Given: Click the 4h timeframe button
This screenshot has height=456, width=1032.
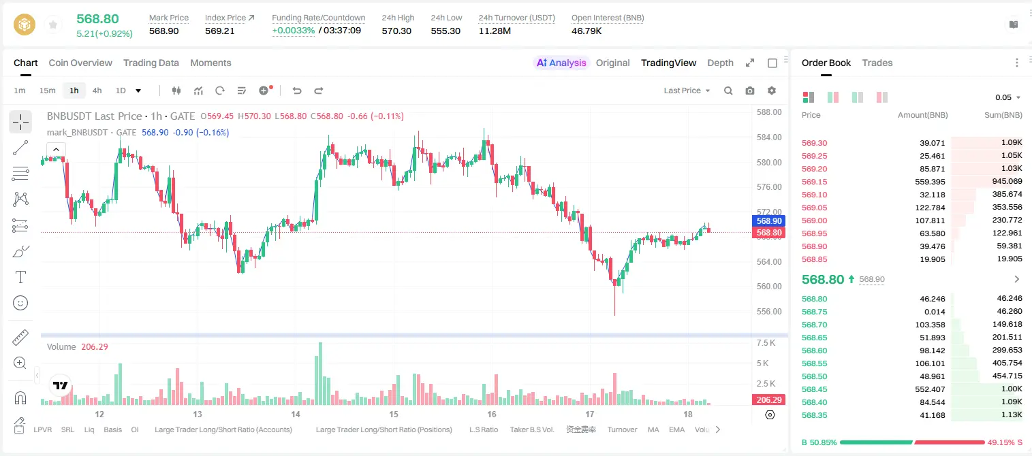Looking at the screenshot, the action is tap(97, 91).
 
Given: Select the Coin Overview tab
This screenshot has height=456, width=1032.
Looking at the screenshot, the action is tap(80, 63).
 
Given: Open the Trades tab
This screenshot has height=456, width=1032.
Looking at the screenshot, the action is tap(877, 63).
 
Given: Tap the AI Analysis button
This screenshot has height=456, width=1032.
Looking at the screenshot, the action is tap(561, 63).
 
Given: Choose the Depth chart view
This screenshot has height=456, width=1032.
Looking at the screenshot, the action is tap(720, 63).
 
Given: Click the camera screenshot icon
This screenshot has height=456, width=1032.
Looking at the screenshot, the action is tap(750, 91).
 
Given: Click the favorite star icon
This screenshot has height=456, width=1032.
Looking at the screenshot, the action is tap(53, 25).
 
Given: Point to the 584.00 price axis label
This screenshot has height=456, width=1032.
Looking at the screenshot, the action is tap(769, 137).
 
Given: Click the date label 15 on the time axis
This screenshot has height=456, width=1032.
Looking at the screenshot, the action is tap(394, 414).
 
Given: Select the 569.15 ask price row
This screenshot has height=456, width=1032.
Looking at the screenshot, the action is tap(814, 182).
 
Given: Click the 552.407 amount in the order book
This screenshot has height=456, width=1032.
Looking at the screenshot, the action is tap(930, 389).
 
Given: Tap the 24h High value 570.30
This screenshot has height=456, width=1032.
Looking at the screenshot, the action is tap(396, 31).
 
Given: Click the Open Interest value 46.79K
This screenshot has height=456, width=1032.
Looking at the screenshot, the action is tap(587, 31).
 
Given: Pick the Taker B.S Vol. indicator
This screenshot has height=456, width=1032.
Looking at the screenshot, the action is tap(531, 429).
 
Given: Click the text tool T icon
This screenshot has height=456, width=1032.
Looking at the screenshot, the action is tap(20, 277).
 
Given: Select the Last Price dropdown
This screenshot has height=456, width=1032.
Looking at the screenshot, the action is tap(687, 91).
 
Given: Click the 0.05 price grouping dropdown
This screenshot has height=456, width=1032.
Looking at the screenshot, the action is tap(1008, 97).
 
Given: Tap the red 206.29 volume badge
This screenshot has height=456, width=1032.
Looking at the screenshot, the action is tap(768, 400).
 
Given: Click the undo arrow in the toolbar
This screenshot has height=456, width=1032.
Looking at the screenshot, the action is tap(297, 91).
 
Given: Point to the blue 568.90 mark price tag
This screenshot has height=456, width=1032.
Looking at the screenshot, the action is tap(768, 221).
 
